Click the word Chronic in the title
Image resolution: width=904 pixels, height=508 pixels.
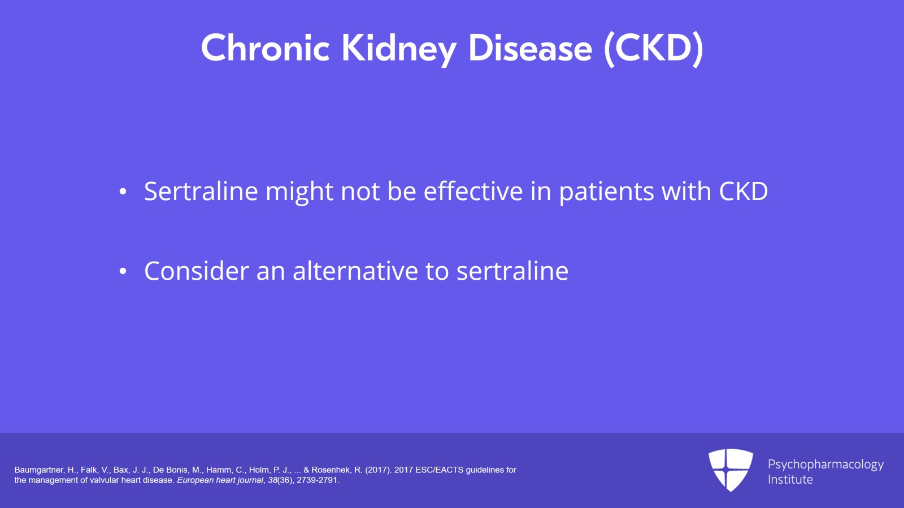(x=265, y=48)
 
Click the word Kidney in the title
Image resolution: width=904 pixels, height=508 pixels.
(x=398, y=49)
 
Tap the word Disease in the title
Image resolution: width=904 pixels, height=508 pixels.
(x=530, y=48)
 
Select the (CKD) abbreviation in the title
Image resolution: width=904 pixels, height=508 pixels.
(x=654, y=49)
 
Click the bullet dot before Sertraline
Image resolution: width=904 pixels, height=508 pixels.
(x=123, y=192)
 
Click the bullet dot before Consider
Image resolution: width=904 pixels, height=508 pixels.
(x=123, y=272)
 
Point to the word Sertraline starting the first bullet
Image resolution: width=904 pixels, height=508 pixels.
(x=201, y=191)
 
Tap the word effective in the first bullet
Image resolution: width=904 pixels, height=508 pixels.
(x=473, y=191)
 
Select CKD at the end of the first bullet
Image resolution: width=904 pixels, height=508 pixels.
(x=743, y=191)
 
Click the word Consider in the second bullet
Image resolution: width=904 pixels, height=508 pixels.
(x=196, y=271)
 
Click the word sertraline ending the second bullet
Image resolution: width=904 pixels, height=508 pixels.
(x=512, y=271)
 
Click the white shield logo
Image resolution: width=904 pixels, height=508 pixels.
(x=731, y=469)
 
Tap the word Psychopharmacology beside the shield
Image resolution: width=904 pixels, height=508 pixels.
(x=825, y=464)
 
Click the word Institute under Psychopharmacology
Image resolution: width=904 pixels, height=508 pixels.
(x=790, y=480)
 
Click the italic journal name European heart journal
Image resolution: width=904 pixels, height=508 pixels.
(x=220, y=480)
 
